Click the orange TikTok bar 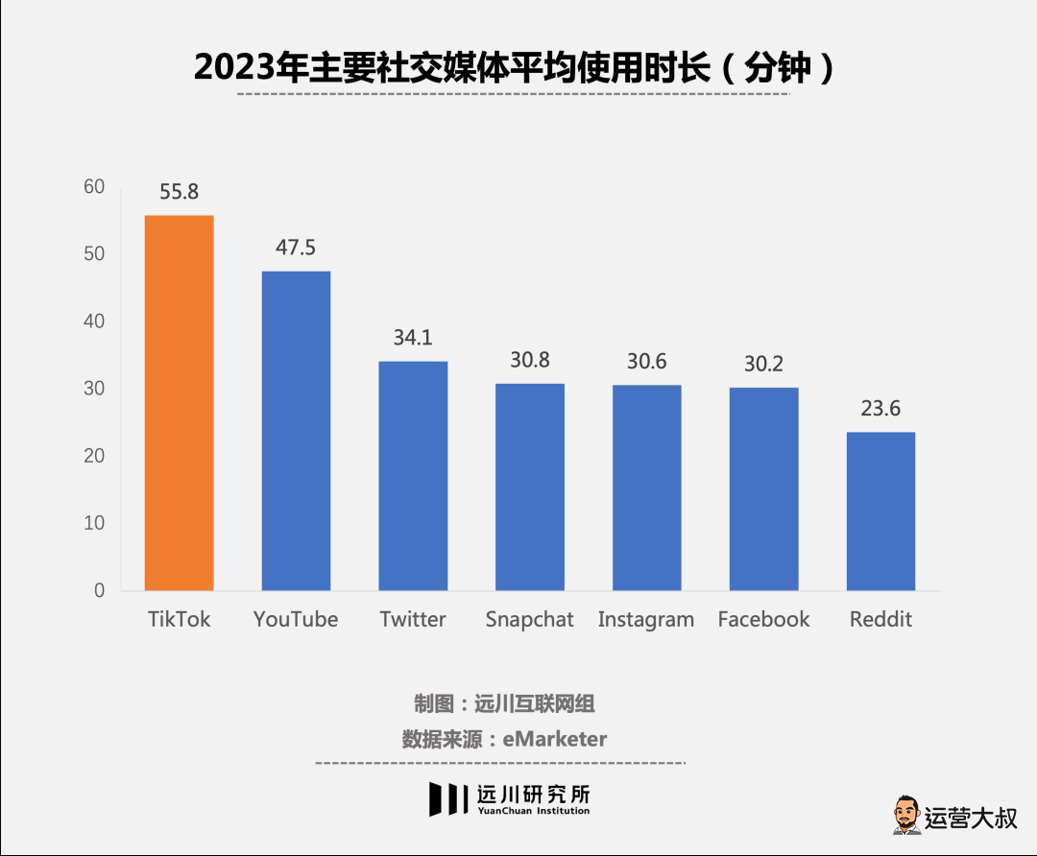[179, 403]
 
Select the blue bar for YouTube [296, 431]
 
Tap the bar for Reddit [880, 511]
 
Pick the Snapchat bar [530, 487]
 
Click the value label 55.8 [179, 192]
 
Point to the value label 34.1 [413, 338]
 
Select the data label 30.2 [764, 365]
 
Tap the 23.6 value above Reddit [880, 409]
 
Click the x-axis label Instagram [646, 620]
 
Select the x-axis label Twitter [413, 619]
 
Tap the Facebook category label [764, 619]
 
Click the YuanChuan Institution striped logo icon [447, 798]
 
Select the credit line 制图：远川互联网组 [504, 703]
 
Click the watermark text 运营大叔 [970, 819]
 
